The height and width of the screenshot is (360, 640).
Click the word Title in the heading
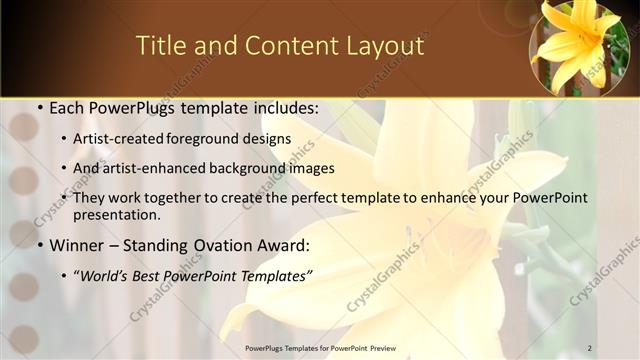tap(159, 45)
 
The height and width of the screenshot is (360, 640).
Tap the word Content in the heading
tap(282, 45)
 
